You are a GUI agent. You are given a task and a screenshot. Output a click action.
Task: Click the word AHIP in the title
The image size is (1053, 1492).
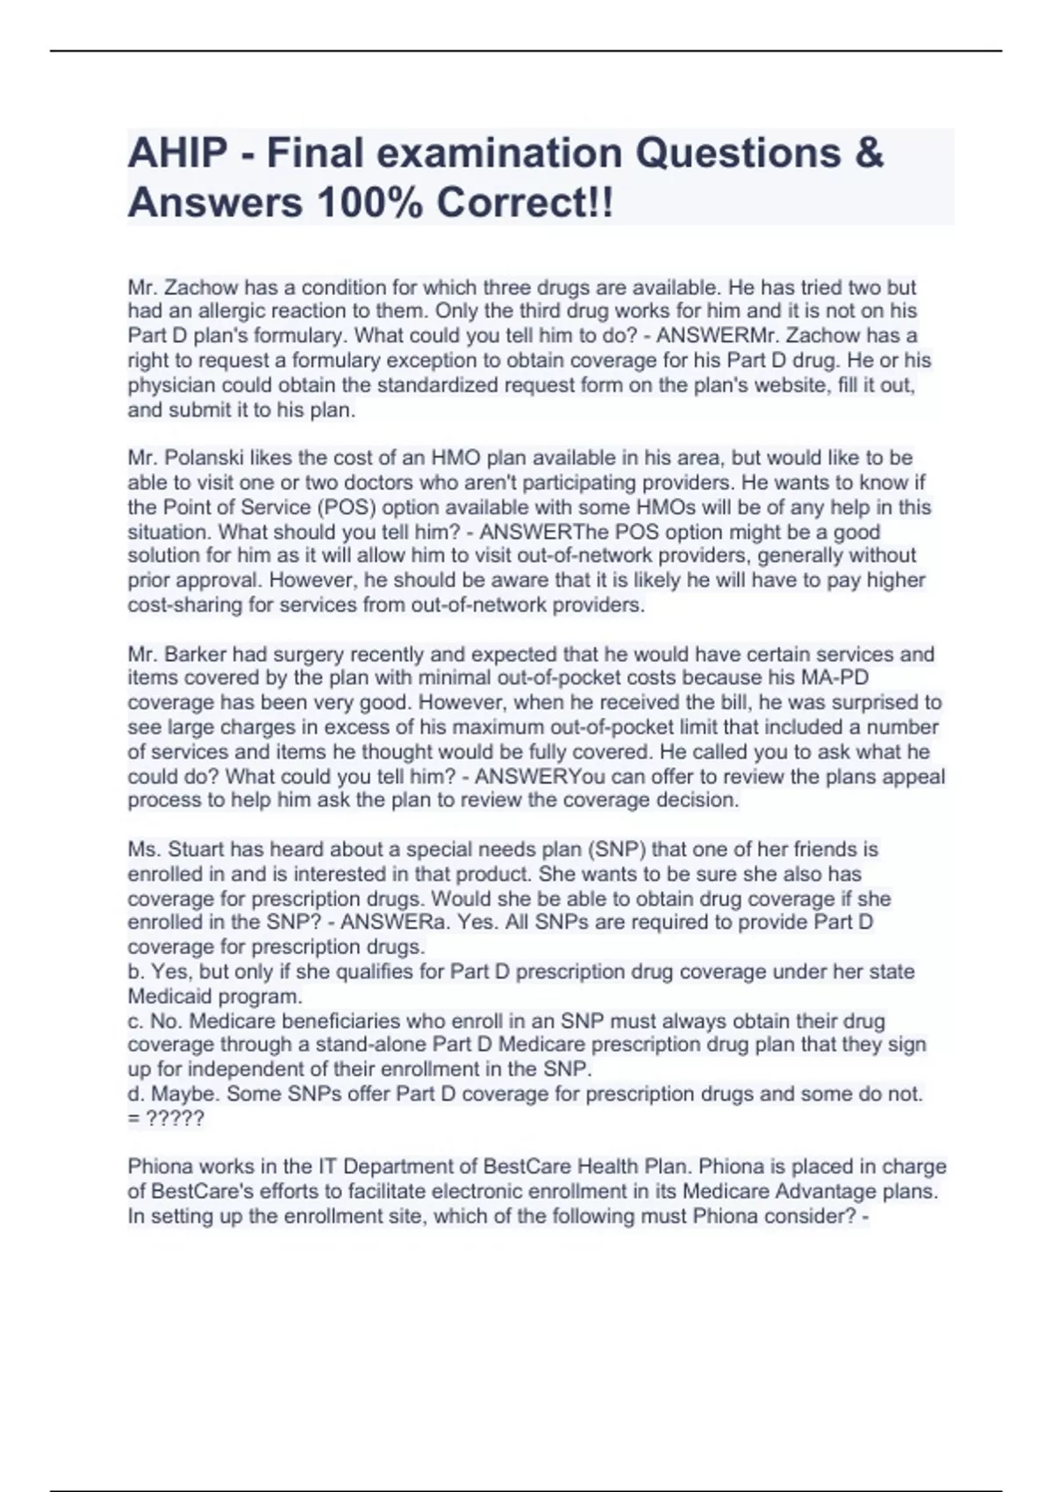[177, 154]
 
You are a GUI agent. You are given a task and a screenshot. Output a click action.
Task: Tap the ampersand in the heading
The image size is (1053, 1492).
[867, 154]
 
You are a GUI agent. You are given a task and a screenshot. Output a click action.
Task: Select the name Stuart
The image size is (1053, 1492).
[196, 850]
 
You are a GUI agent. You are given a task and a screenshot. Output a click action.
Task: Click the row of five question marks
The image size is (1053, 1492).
[175, 1119]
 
